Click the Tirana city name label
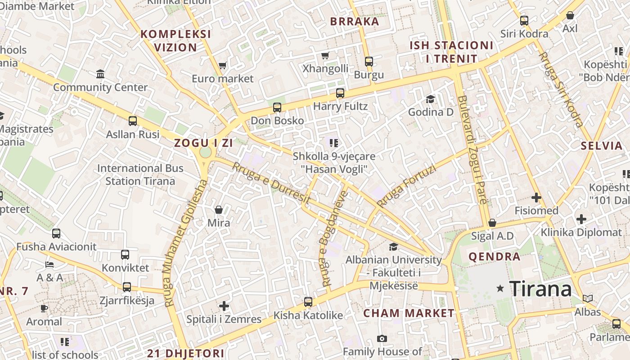pyautogui.click(x=540, y=288)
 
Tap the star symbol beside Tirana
pyautogui.click(x=500, y=288)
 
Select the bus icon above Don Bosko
pyautogui.click(x=277, y=108)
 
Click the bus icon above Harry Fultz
pyautogui.click(x=340, y=93)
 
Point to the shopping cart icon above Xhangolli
pyautogui.click(x=325, y=55)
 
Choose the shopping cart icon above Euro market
pyautogui.click(x=222, y=66)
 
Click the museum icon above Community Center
pyautogui.click(x=100, y=74)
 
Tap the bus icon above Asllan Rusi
pyautogui.click(x=133, y=121)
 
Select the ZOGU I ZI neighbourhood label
pyautogui.click(x=204, y=143)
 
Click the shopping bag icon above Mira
pyautogui.click(x=219, y=210)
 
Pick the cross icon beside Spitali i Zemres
pyautogui.click(x=224, y=306)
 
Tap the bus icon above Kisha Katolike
pyautogui.click(x=308, y=302)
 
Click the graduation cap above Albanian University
pyautogui.click(x=393, y=247)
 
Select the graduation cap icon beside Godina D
pyautogui.click(x=431, y=99)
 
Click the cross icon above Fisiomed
pyautogui.click(x=536, y=198)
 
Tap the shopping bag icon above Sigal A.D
pyautogui.click(x=492, y=223)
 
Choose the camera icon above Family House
pyautogui.click(x=382, y=338)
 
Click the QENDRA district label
pyautogui.click(x=495, y=257)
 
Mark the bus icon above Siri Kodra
pyautogui.click(x=524, y=20)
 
